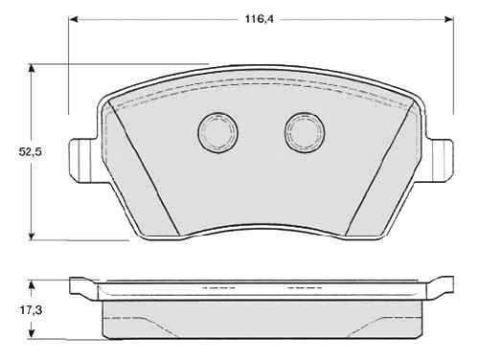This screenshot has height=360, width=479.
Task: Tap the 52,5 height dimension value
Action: pyautogui.click(x=31, y=152)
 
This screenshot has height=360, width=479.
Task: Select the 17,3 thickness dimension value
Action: pyautogui.click(x=32, y=310)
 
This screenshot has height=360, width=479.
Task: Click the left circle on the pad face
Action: pyautogui.click(x=218, y=132)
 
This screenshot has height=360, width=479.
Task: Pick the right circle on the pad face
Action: pyautogui.click(x=305, y=132)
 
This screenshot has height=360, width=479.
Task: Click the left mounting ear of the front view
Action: pyautogui.click(x=82, y=160)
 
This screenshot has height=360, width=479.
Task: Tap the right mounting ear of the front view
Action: pyautogui.click(x=440, y=160)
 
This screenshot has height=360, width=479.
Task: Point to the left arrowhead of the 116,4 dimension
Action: pyautogui.click(x=74, y=19)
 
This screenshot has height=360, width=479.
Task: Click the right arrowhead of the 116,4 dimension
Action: pyautogui.click(x=448, y=19)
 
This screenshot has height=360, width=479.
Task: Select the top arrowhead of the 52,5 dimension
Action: pyautogui.click(x=31, y=68)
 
